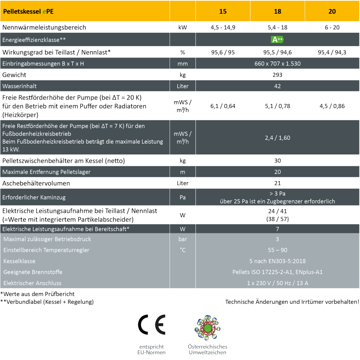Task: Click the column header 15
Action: [x=223, y=11]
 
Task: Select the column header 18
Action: [x=278, y=11]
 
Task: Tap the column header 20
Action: [x=332, y=11]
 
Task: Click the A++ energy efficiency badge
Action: [x=277, y=40]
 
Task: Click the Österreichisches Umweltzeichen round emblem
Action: [x=207, y=327]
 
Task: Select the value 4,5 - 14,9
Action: [x=223, y=27]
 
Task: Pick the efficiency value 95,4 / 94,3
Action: [x=332, y=52]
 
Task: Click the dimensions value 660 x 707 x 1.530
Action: [x=277, y=64]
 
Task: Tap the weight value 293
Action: [x=277, y=75]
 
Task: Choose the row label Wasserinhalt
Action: [x=19, y=86]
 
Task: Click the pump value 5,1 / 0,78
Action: [x=277, y=106]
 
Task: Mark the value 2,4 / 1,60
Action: [x=277, y=138]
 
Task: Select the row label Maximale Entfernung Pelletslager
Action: [x=46, y=172]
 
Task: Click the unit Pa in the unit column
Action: [x=183, y=197]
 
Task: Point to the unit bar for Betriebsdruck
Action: [x=183, y=239]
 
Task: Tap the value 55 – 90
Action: [x=277, y=250]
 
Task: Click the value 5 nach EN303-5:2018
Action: [x=277, y=261]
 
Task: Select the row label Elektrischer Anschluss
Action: [x=32, y=283]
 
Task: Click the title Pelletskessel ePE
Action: [x=28, y=11]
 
